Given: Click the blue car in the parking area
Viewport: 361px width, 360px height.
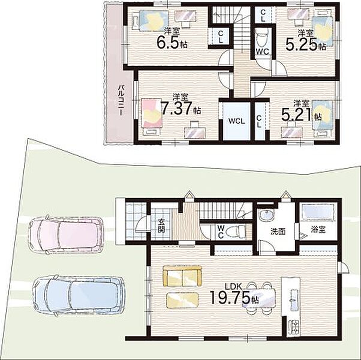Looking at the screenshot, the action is (x=79, y=295).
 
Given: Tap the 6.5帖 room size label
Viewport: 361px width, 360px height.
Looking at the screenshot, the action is (x=172, y=42).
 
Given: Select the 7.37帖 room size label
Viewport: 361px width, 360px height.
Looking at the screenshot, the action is (x=180, y=108).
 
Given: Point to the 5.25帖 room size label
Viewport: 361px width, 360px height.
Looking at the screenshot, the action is (x=305, y=44).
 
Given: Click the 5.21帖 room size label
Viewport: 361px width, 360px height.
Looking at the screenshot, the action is (x=302, y=115).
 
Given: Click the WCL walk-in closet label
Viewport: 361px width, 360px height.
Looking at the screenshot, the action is (x=236, y=121).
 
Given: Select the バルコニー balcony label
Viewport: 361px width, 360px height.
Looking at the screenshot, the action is (x=121, y=100).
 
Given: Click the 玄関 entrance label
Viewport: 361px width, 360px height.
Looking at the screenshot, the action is (x=161, y=226).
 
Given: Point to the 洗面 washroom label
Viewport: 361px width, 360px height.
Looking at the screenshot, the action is (x=278, y=231).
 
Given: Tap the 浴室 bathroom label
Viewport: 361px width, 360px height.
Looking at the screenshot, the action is (x=318, y=229).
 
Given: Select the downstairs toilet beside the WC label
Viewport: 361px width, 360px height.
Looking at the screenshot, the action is (x=235, y=231).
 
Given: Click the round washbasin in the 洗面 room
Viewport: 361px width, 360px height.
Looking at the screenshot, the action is (x=266, y=215).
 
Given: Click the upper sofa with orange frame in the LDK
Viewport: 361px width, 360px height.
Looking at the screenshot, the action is (x=182, y=276).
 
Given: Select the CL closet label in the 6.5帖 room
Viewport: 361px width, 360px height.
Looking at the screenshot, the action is (x=221, y=37).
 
